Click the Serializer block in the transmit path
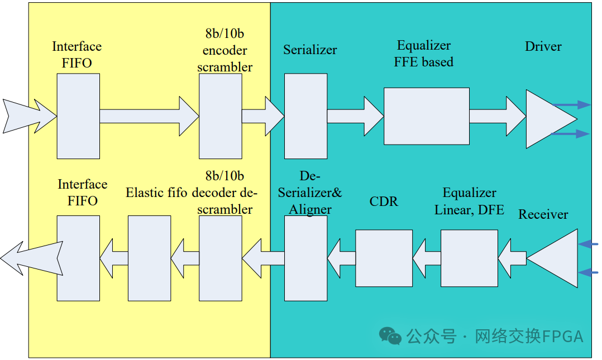pos(305,116)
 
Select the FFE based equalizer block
pos(426,116)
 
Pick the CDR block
pos(384,258)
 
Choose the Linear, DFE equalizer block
pos(469,258)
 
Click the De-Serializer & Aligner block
pos(305,258)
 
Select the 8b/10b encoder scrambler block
pos(220,116)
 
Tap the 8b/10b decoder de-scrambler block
pos(220,258)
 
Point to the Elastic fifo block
pos(149,258)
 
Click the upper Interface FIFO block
pos(78,116)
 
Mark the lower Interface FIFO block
pos(78,258)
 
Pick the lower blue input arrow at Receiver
pos(589,272)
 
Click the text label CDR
pos(384,201)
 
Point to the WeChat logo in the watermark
pos(390,335)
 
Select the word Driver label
pos(543,46)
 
